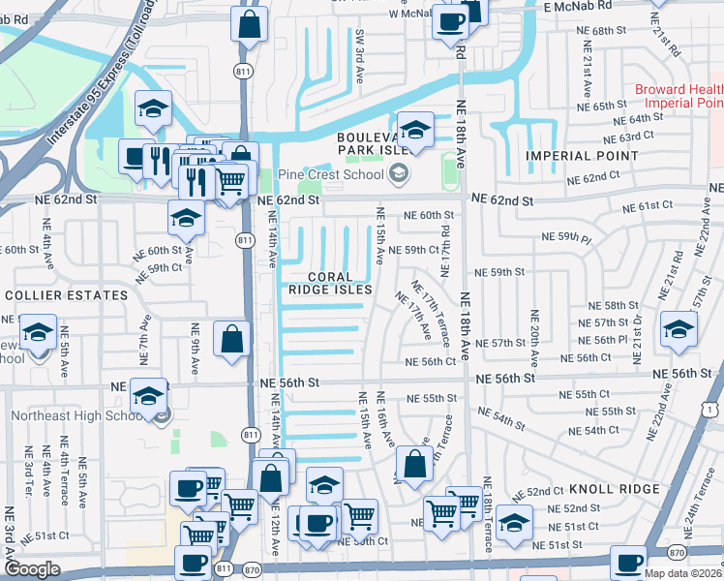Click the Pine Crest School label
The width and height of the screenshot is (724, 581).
pos(330,175)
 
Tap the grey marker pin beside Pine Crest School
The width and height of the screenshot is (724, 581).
pos(397,175)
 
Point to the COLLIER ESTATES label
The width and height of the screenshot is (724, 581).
pos(66,294)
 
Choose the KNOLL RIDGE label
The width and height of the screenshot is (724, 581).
pos(614,489)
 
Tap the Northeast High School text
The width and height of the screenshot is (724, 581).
pos(77,416)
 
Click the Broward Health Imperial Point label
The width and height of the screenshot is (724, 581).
pos(679,96)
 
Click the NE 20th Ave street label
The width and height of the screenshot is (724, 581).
pos(533,334)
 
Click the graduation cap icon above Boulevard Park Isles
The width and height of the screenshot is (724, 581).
pos(415,131)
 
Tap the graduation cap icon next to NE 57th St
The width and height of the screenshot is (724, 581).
pos(679,330)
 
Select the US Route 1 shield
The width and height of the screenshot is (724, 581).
pos(713,412)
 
